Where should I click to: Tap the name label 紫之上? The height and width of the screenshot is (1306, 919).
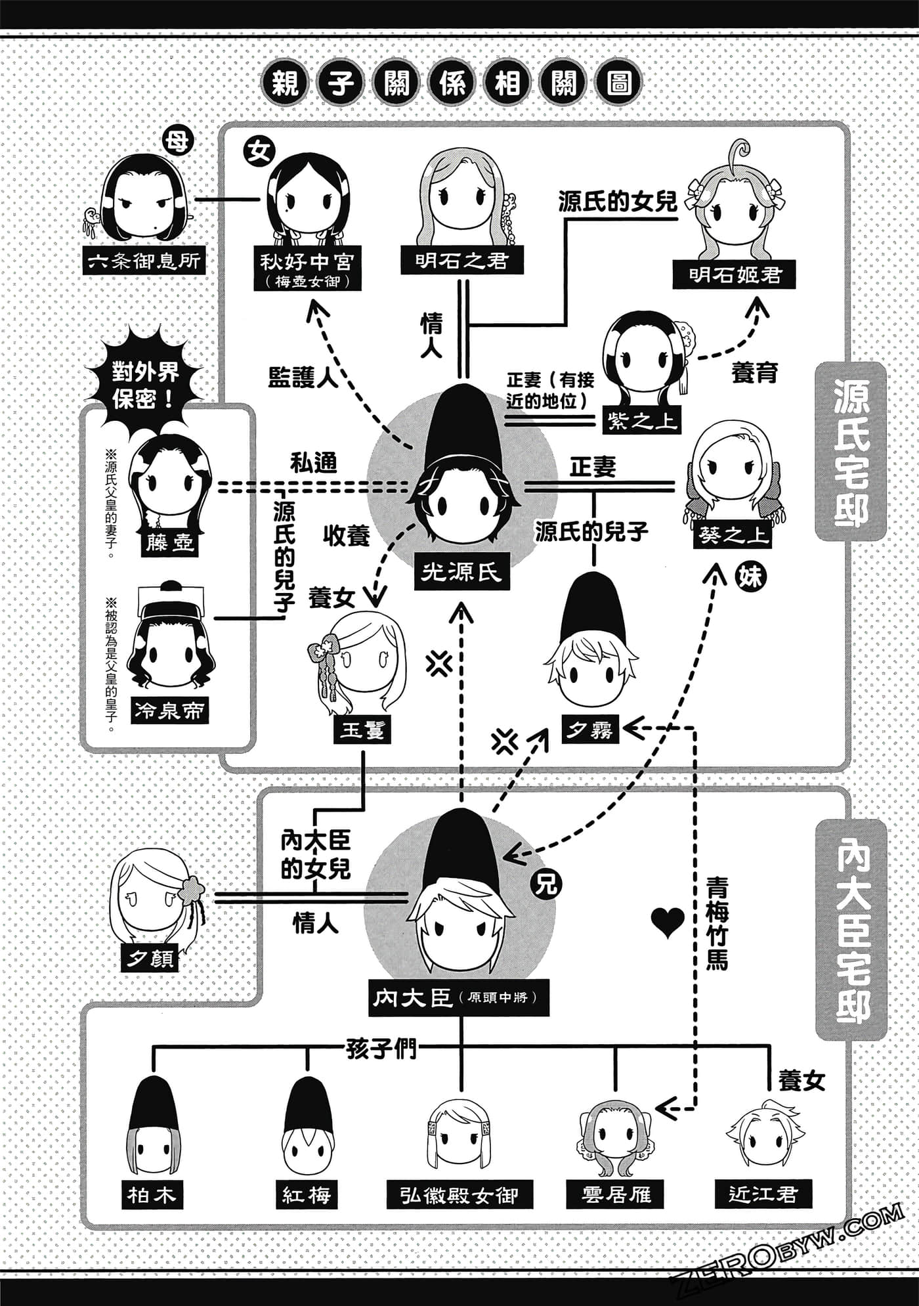(x=641, y=421)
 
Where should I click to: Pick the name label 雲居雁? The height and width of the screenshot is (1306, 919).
(x=616, y=1194)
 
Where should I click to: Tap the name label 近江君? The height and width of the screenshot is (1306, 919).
(x=763, y=1193)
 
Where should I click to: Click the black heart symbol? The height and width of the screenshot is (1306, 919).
(x=668, y=923)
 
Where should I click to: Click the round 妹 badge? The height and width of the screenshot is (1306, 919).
(x=750, y=577)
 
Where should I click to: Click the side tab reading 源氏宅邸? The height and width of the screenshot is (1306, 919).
(x=851, y=453)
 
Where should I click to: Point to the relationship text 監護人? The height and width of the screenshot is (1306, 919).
(x=303, y=377)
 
